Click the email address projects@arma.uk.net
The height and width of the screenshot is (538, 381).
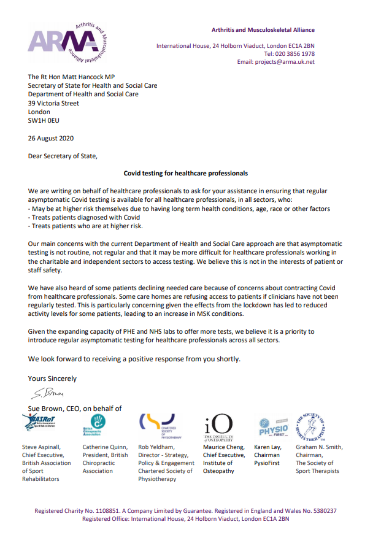(285, 62)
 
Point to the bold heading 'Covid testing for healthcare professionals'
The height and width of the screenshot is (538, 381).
(186, 174)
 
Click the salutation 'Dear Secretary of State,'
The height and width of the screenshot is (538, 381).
(63, 156)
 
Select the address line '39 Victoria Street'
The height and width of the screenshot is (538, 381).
(53, 104)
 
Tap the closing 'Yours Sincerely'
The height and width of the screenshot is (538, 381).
(52, 379)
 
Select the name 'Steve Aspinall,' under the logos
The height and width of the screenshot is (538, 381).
(42, 447)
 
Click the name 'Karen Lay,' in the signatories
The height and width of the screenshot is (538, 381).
(268, 447)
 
